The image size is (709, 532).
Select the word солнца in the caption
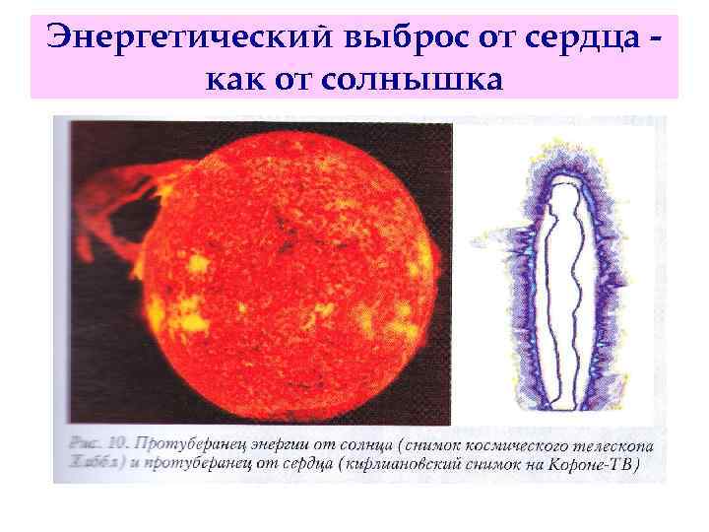pyautogui.click(x=375, y=445)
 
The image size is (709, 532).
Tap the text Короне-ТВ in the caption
pyautogui.click(x=597, y=465)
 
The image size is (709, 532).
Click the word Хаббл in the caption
pyautogui.click(x=87, y=465)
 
